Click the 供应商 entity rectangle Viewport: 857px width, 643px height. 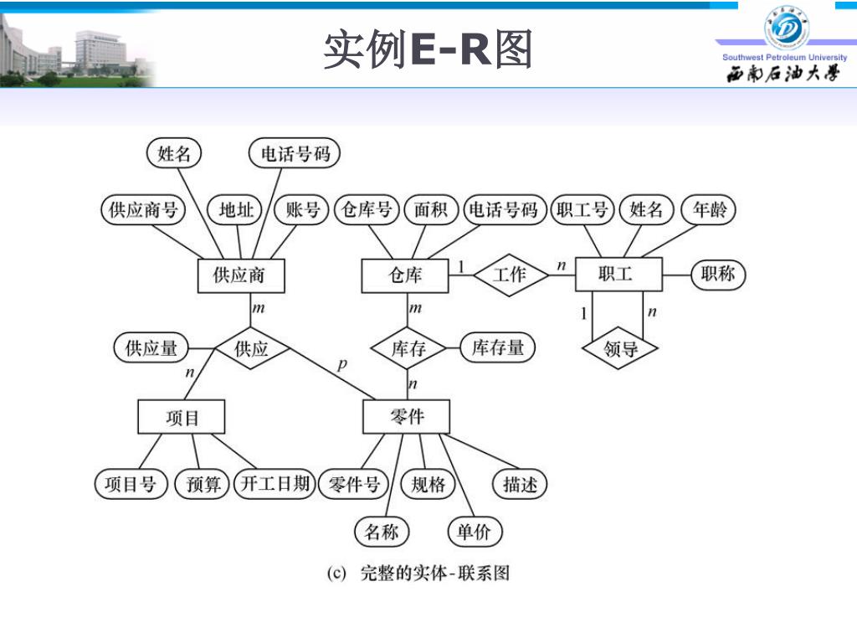239,275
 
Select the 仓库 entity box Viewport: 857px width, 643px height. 405,275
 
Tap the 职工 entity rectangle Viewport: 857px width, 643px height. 618,274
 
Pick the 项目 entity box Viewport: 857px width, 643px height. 182,416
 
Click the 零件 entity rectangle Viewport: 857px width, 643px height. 406,416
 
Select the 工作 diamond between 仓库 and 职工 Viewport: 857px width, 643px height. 511,274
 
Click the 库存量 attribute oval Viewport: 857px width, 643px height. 498,347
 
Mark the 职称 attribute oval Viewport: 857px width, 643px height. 718,274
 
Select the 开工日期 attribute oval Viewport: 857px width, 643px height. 275,483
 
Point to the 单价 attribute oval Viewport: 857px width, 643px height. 475,531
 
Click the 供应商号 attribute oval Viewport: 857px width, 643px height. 143,209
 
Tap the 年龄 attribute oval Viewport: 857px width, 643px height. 708,209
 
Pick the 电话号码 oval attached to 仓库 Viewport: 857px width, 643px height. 503,209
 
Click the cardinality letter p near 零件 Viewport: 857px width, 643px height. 341,364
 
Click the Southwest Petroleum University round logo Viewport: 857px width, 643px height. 786,28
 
